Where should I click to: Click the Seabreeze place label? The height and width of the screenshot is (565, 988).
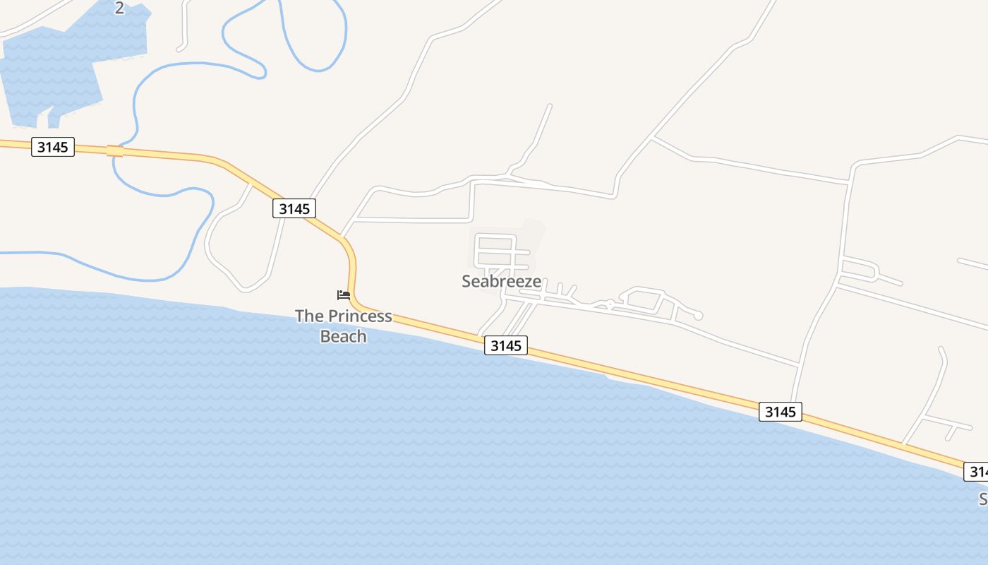tap(502, 281)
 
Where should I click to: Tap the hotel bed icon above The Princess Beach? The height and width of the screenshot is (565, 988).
tap(344, 295)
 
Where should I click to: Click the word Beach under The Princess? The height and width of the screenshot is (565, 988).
tap(344, 336)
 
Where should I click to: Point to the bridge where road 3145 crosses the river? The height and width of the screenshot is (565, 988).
tap(114, 151)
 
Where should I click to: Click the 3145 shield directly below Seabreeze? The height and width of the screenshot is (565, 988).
tap(506, 345)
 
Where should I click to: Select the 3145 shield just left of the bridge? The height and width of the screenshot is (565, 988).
tap(53, 147)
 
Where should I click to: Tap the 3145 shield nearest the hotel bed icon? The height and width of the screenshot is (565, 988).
tap(294, 208)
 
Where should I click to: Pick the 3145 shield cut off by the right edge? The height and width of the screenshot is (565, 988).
tap(977, 471)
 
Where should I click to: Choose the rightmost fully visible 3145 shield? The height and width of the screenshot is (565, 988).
tap(781, 412)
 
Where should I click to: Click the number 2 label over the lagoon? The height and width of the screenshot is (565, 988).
tap(119, 8)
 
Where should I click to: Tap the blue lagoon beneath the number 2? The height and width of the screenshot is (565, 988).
tap(56, 71)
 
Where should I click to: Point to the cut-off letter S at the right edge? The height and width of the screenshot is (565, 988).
tap(983, 499)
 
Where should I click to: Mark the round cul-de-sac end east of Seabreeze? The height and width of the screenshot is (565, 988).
tap(698, 316)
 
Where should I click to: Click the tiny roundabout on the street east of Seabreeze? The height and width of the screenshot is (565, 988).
tap(609, 304)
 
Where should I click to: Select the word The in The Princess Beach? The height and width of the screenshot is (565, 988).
tap(308, 316)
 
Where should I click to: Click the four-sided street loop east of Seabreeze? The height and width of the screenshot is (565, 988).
tap(642, 300)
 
